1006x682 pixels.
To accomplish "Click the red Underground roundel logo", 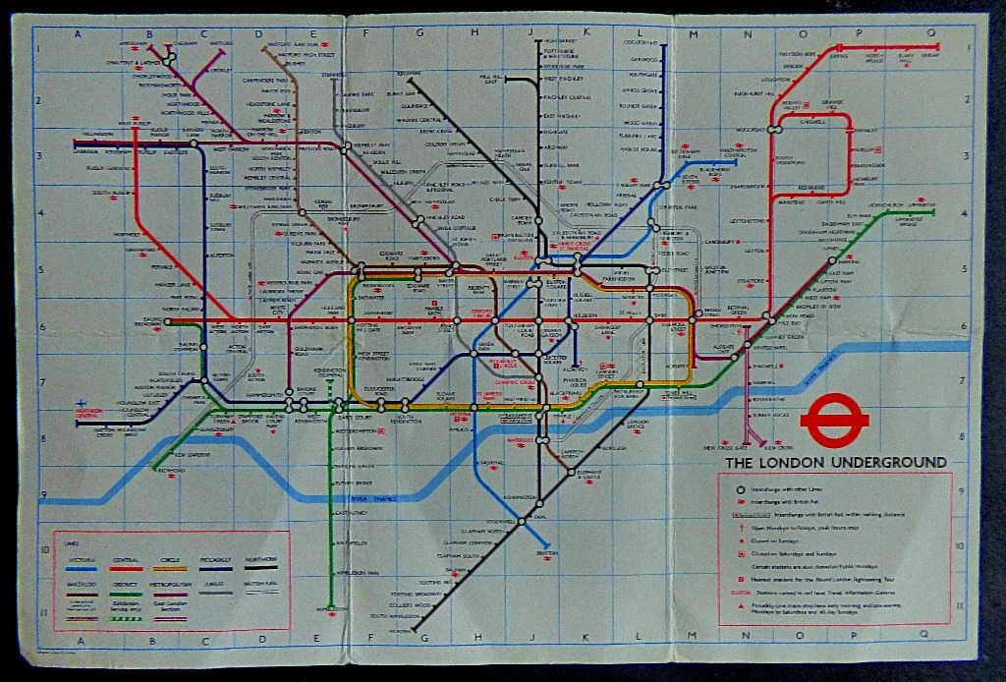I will (834, 421).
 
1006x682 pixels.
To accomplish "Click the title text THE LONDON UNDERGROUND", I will (836, 462).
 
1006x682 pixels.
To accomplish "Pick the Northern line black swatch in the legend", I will (260, 566).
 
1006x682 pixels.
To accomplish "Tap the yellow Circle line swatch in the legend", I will (170, 566).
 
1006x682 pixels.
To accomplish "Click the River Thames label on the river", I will (372, 498).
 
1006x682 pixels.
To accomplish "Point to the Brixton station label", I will (547, 554).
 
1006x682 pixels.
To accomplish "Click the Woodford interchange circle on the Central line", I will (775, 128).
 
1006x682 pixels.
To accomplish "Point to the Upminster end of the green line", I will (931, 211).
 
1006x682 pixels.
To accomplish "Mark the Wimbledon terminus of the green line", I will (331, 608).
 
